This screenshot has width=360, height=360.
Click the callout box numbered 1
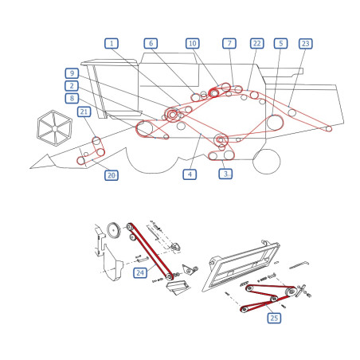(x=112, y=43)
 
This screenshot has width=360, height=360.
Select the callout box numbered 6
(x=151, y=43)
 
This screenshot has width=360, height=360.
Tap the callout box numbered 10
(x=193, y=43)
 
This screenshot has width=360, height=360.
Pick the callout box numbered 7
(x=229, y=43)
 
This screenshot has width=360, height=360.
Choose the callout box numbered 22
(x=257, y=43)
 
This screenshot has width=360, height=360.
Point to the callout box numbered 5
(x=280, y=43)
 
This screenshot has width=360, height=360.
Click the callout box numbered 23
(x=306, y=44)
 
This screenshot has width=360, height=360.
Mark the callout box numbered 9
(x=72, y=73)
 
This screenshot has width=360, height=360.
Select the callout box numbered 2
(x=72, y=86)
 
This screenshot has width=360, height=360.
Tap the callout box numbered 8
(x=72, y=98)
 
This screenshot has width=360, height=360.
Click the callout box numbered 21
(x=84, y=112)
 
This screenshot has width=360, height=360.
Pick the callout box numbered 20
(x=112, y=175)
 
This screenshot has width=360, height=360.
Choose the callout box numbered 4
(x=190, y=174)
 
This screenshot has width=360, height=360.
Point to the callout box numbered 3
(x=225, y=174)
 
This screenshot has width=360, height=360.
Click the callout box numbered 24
(x=140, y=272)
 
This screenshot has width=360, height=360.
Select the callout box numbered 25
(x=274, y=318)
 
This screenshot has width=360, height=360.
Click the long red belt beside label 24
(x=151, y=252)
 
